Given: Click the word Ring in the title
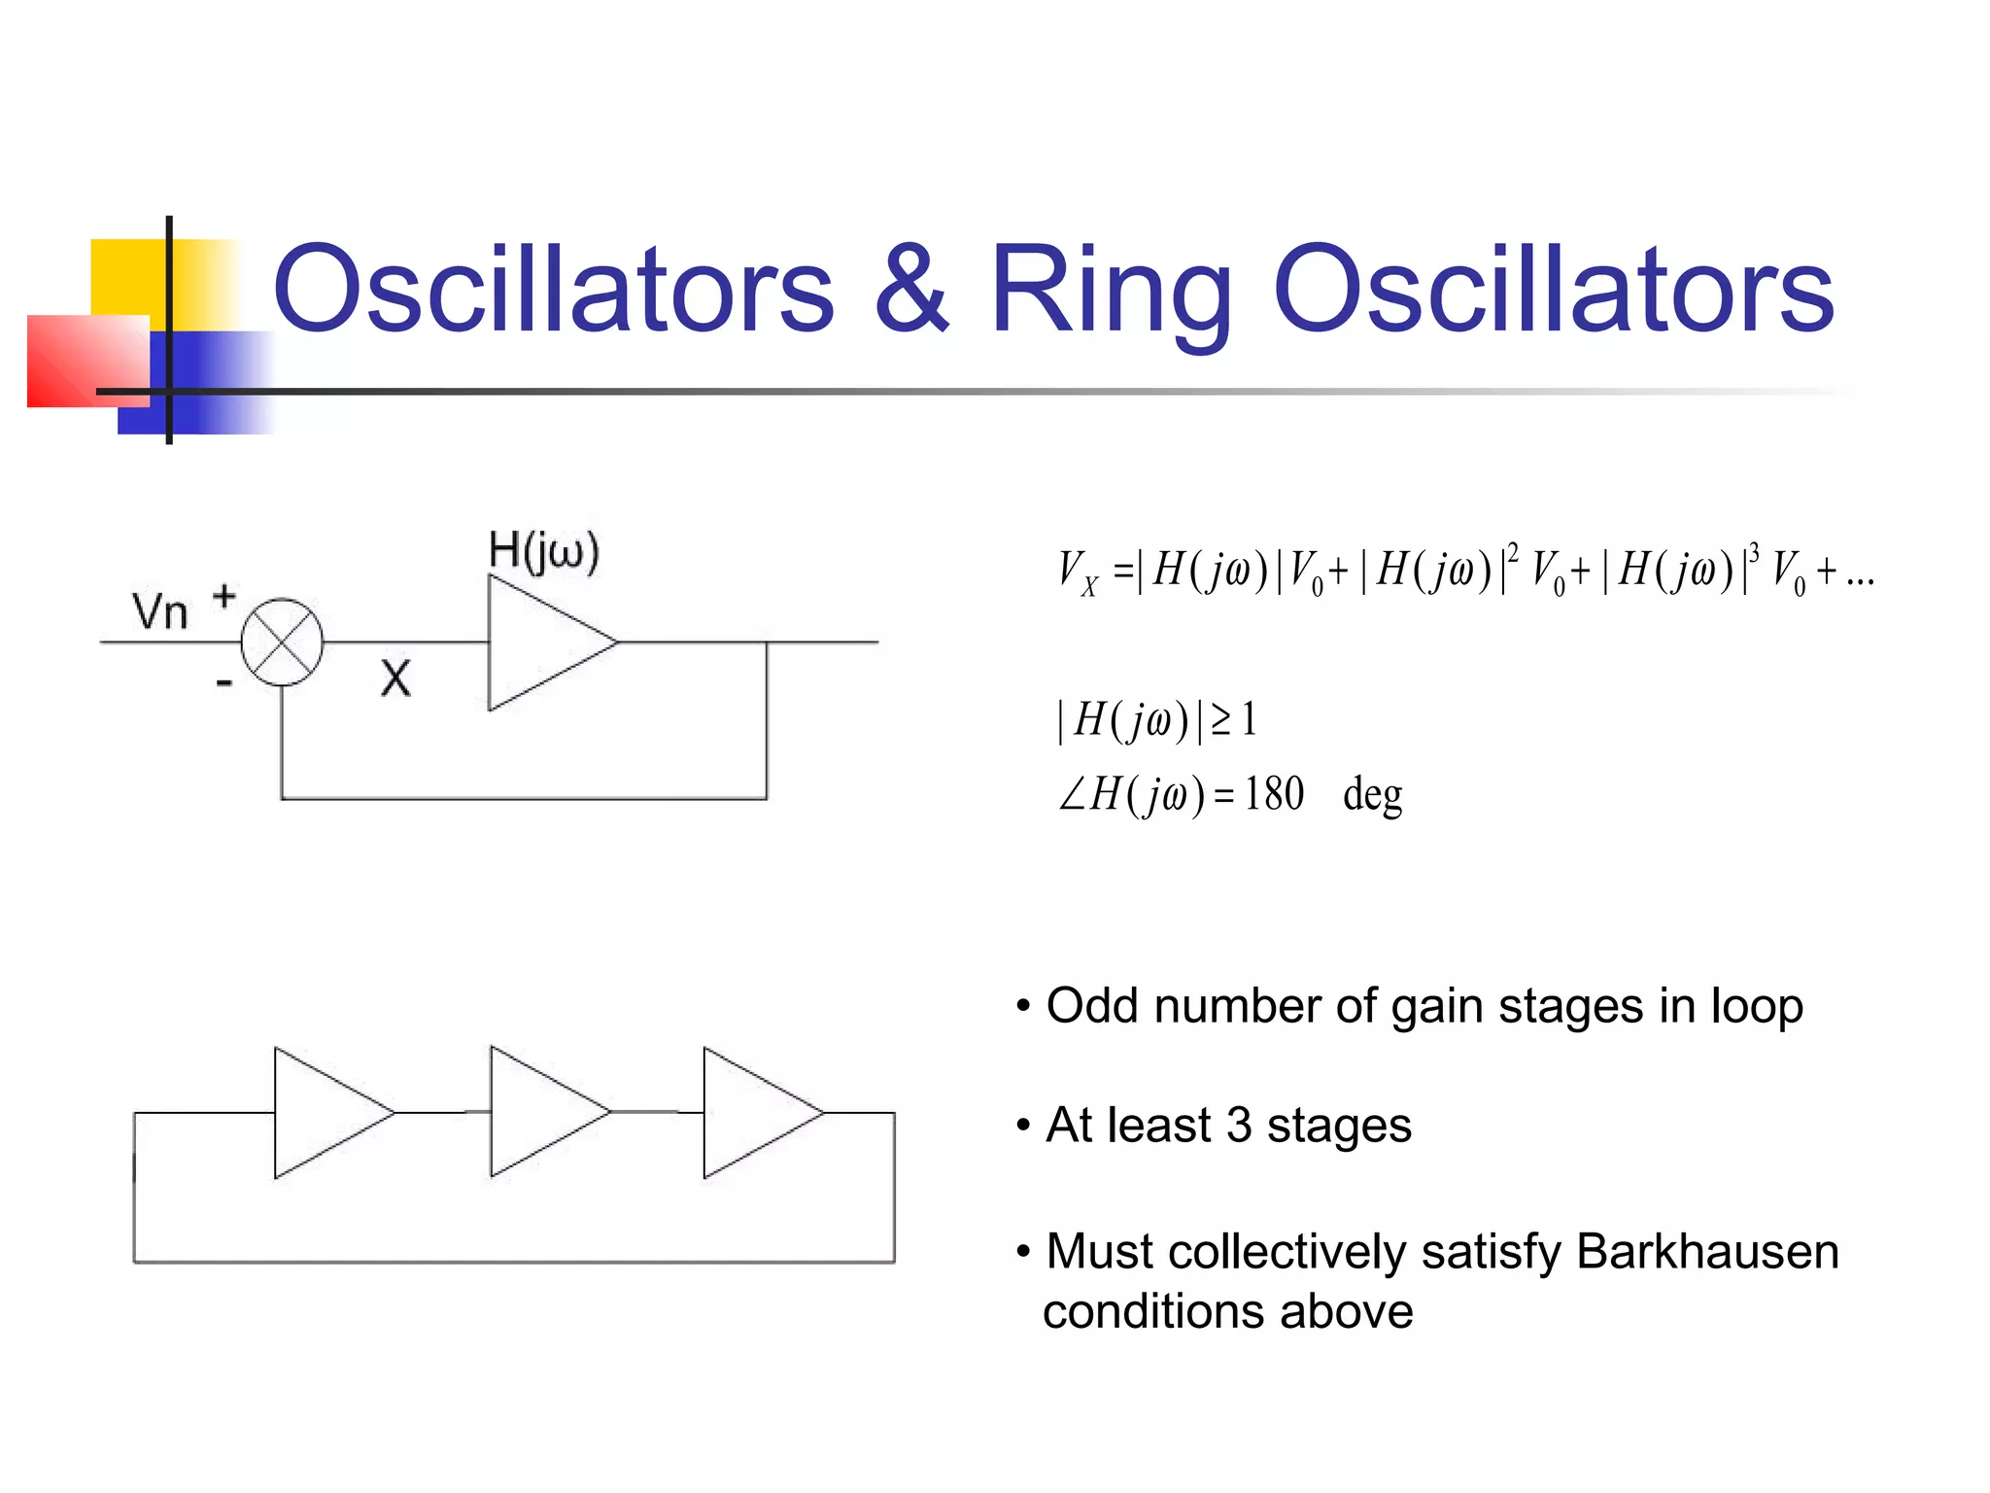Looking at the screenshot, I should coord(1110,292).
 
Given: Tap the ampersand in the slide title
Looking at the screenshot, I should coord(910,290).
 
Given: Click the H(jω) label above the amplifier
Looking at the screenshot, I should coord(544,551).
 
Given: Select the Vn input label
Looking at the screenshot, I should coord(159,612).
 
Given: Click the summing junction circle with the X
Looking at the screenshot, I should coord(282,642).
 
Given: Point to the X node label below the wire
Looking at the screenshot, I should coord(395,677).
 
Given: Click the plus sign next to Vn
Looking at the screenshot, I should coord(224,596).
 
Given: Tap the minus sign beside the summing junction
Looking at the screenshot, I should coord(224,683).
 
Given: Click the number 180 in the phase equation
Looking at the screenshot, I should coord(1274,794).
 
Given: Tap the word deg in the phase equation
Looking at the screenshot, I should coord(1372,796).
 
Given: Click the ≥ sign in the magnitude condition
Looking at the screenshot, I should coord(1221,720).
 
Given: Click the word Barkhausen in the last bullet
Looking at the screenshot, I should coord(1707,1251).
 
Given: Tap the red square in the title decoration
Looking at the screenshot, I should coord(87,361).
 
